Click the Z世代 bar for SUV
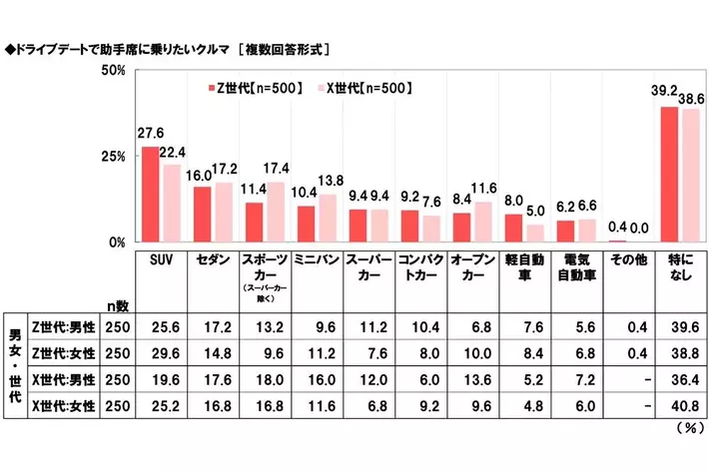150,195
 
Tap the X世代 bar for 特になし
686,175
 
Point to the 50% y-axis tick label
112,71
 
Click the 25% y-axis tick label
112,157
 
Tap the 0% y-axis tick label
116,241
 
